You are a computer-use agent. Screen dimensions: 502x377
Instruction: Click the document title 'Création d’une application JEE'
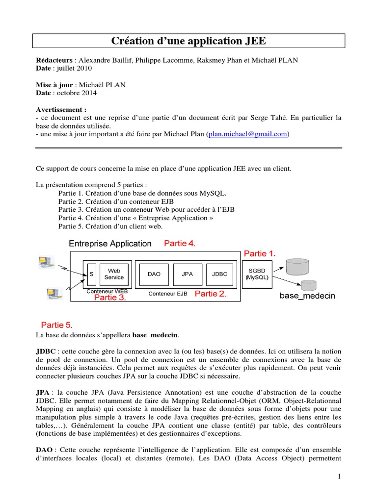(188, 41)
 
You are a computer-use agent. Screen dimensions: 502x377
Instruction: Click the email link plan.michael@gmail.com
(248, 134)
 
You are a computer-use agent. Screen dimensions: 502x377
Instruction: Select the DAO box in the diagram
(154, 274)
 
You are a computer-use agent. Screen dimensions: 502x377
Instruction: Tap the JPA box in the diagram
(187, 274)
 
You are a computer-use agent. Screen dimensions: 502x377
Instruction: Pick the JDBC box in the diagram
(219, 274)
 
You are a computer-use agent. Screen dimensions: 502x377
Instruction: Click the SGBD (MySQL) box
(257, 274)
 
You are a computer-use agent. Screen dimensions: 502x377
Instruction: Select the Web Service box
(114, 274)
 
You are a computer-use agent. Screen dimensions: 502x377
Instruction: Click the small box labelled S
(91, 274)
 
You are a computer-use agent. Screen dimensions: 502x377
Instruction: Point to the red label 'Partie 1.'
(260, 253)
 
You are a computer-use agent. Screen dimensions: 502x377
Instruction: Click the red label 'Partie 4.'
(180, 243)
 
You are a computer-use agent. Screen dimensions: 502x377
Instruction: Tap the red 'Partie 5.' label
(56, 325)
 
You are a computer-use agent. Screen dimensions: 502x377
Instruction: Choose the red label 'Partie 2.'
(211, 294)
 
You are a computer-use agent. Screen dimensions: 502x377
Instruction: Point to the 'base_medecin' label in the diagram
(307, 296)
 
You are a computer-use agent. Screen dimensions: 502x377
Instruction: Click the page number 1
(339, 476)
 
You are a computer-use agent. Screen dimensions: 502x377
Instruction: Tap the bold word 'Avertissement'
(61, 109)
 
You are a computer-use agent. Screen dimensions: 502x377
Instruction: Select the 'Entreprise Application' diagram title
(110, 244)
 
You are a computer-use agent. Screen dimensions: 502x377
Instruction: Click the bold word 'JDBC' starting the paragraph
(46, 351)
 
